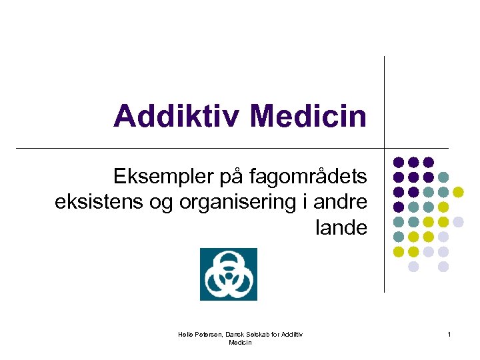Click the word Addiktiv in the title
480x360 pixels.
[175, 116]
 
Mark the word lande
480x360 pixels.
[341, 227]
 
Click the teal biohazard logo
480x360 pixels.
[228, 274]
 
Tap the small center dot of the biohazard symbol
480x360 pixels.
[228, 275]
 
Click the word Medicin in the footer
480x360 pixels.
[240, 342]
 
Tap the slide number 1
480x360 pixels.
[449, 334]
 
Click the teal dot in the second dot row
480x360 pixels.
[443, 177]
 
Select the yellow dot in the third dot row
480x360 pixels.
[458, 192]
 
